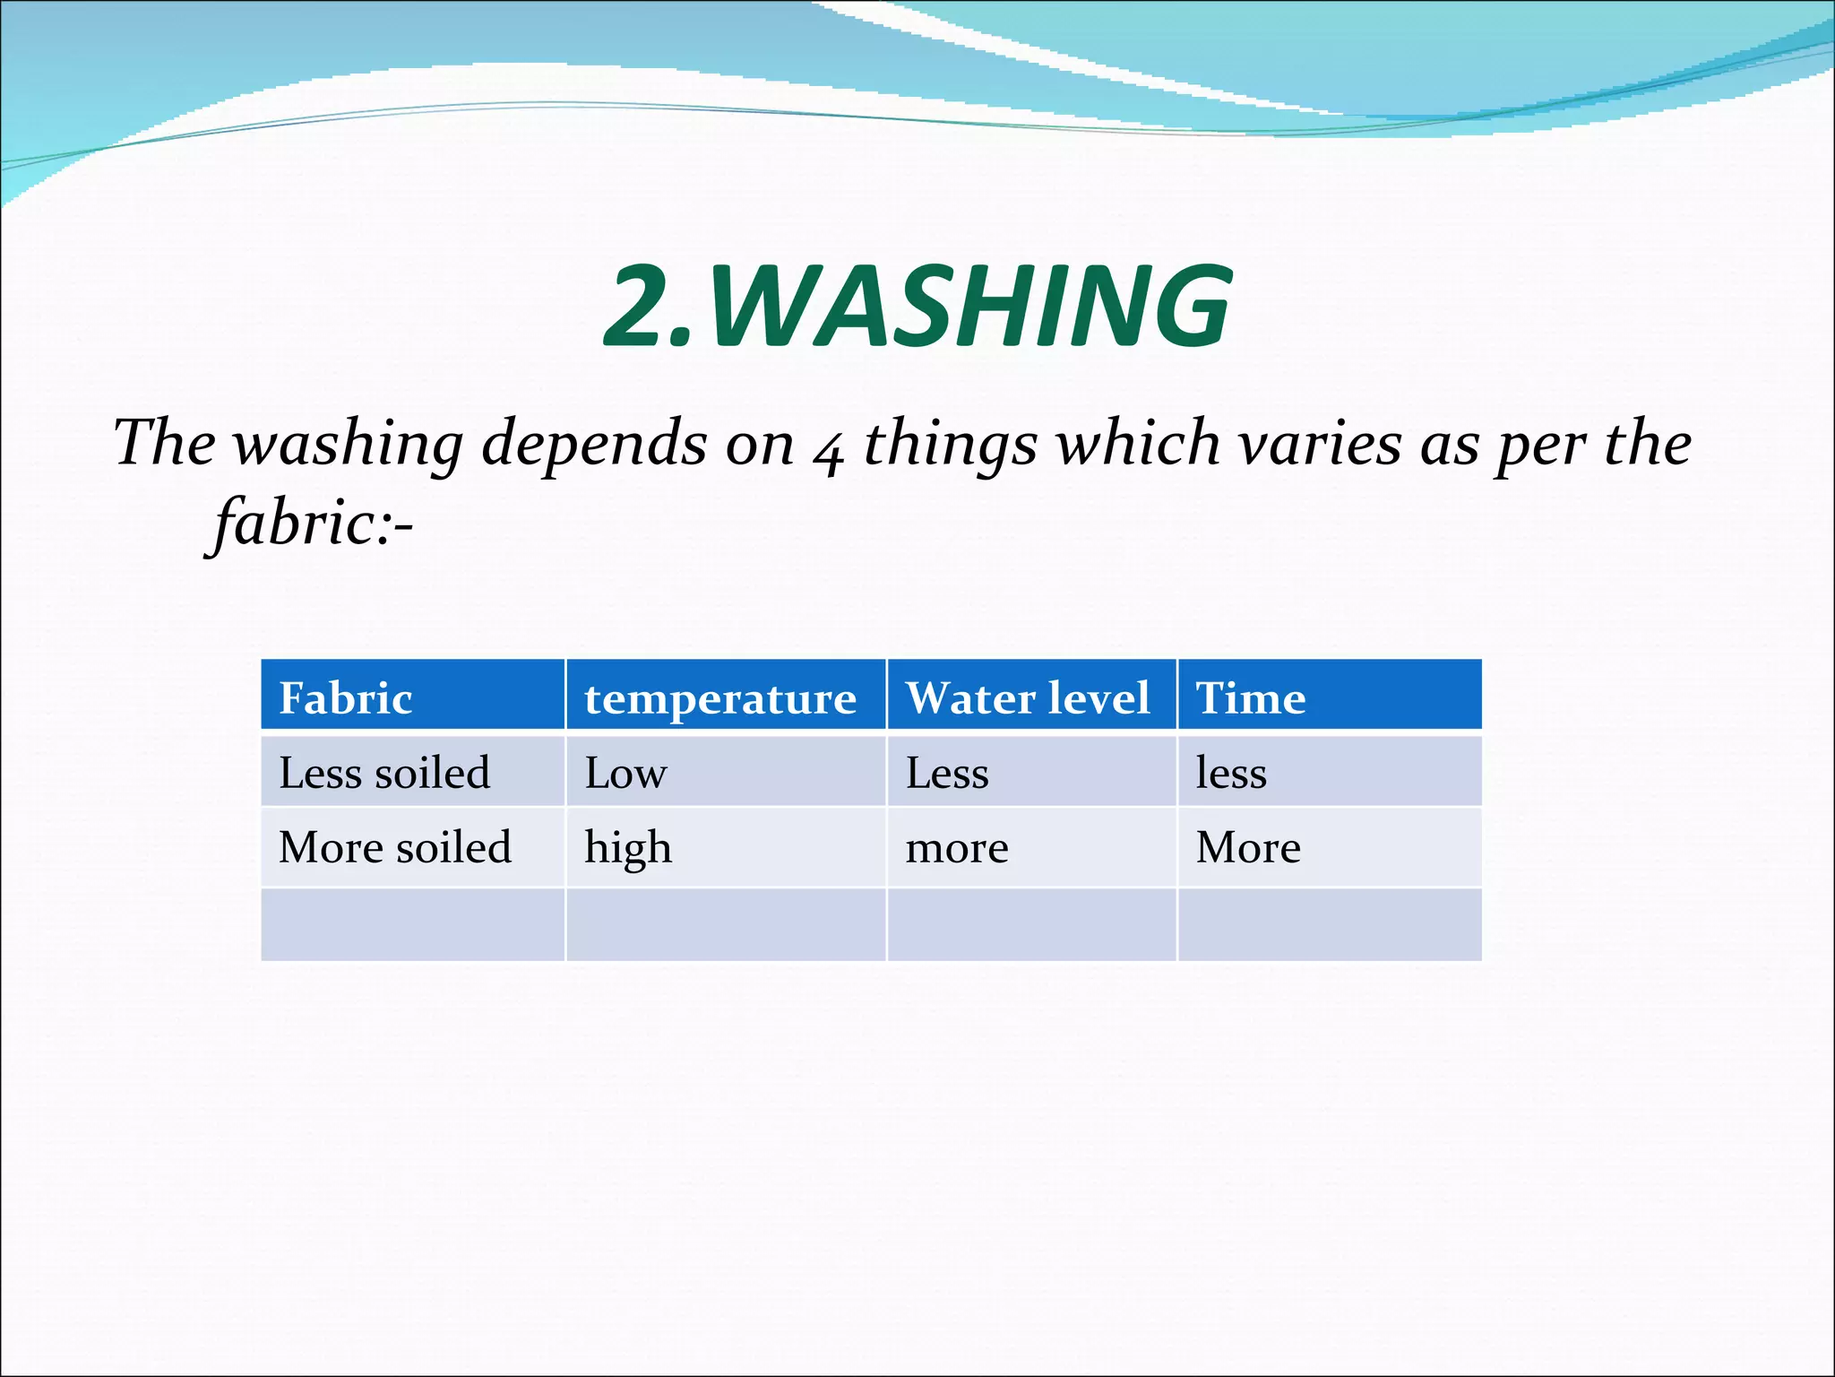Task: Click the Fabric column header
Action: [x=346, y=697]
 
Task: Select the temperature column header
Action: [x=720, y=698]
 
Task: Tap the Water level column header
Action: [x=1028, y=697]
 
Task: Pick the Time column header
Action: [x=1251, y=697]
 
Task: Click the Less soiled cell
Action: [x=384, y=773]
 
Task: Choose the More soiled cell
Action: [x=395, y=847]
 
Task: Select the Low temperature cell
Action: [x=625, y=773]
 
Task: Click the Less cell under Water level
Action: [x=947, y=773]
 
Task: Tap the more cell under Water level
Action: [x=957, y=848]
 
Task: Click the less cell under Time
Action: [x=1231, y=773]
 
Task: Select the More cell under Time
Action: [x=1248, y=847]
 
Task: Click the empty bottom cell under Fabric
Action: [x=412, y=924]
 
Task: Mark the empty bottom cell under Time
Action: [x=1330, y=924]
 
